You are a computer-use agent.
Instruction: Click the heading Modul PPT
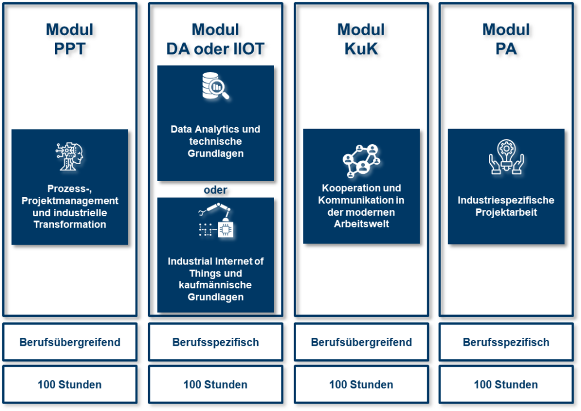click(70, 39)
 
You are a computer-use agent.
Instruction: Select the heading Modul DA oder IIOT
click(215, 39)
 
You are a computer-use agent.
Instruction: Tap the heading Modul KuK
click(361, 39)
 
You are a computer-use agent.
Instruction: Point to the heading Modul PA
click(506, 39)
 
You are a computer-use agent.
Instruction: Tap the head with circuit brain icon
click(69, 157)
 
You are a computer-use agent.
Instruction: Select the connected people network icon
click(361, 160)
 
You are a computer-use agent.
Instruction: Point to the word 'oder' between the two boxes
click(215, 190)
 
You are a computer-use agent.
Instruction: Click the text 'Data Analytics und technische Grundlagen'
click(215, 141)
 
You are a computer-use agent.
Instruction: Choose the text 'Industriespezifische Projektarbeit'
click(506, 206)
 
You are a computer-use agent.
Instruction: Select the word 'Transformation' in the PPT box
click(70, 224)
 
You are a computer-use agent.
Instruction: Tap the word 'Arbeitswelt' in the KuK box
click(361, 224)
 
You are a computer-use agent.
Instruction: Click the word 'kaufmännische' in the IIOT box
click(216, 285)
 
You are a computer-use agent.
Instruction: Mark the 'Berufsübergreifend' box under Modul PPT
click(70, 342)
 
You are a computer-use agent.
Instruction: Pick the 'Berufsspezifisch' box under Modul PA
click(506, 342)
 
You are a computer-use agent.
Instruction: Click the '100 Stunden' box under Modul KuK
click(361, 384)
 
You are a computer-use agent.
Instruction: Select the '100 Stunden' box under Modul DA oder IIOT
click(215, 384)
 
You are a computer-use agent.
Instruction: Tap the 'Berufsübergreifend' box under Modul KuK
click(361, 342)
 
